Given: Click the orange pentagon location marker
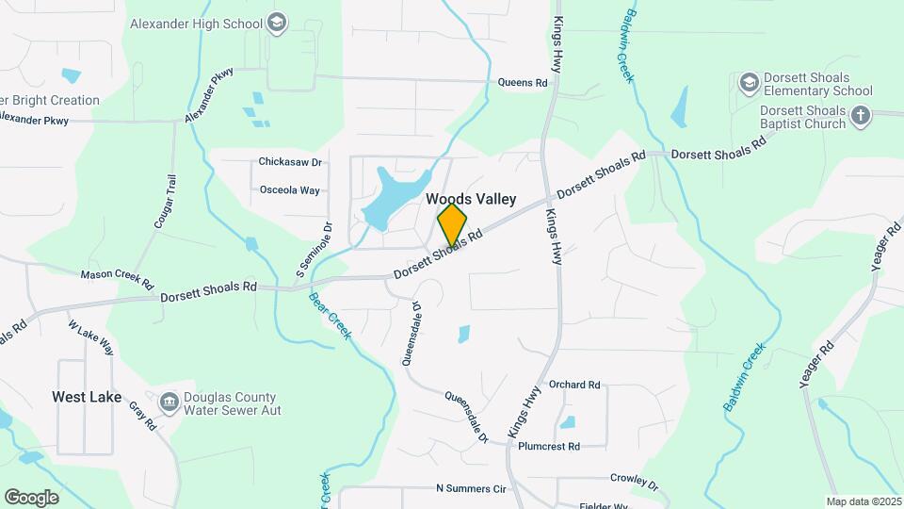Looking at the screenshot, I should coord(452,224).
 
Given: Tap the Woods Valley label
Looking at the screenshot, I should coord(471,199).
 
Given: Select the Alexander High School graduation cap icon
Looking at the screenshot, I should coord(276,22).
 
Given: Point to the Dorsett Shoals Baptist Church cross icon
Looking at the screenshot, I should coord(860,116).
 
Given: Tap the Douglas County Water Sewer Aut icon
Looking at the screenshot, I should coord(169,403).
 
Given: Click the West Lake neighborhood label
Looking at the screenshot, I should coord(87,397).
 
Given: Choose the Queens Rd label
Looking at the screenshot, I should coord(523,83).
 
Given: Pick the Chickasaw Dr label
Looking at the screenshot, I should coord(290,162).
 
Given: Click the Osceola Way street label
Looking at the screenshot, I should coord(290,190).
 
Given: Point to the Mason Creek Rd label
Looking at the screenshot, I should coord(117,274).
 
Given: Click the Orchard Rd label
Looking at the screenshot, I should coord(574,385).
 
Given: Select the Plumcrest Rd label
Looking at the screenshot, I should coord(549,446).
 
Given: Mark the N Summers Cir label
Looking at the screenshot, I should coord(471,489).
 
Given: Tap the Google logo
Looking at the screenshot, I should coord(31,497).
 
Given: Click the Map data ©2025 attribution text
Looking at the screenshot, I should coord(863,501).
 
